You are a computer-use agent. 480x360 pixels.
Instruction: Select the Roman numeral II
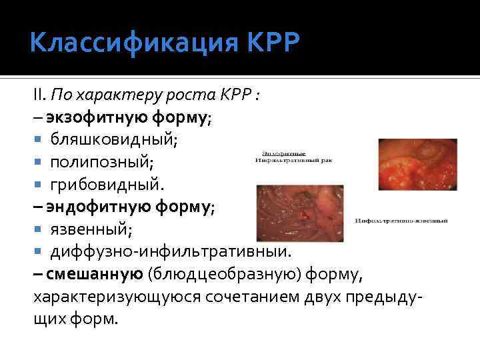[39, 95]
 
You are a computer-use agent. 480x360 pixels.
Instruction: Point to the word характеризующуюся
[102, 297]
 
